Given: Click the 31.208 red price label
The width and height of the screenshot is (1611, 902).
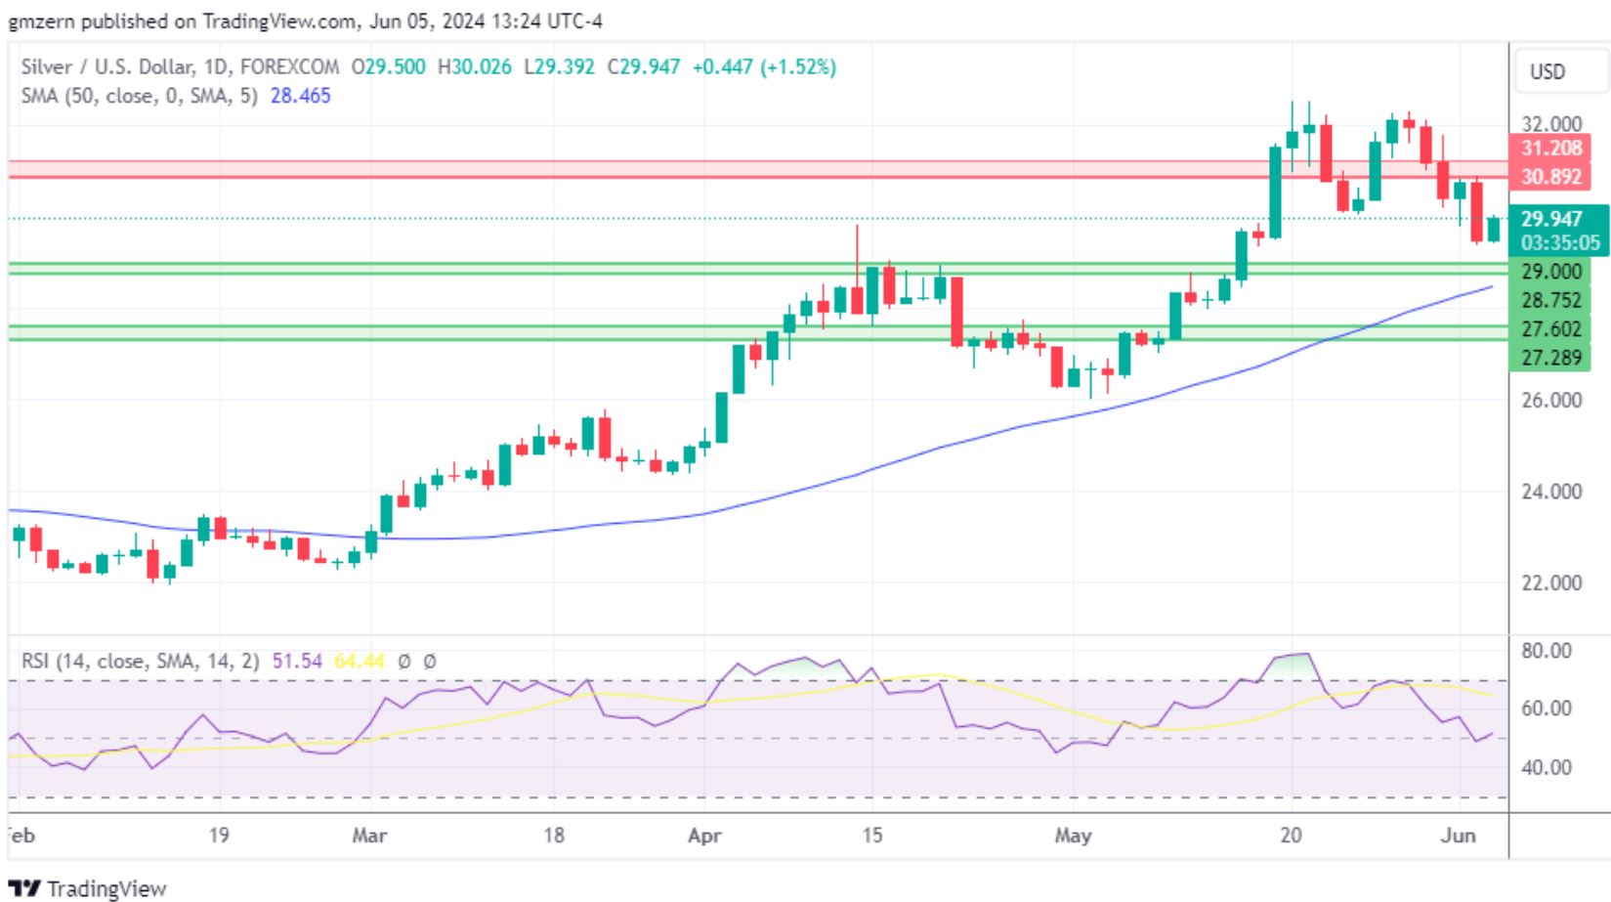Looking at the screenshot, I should pyautogui.click(x=1550, y=149).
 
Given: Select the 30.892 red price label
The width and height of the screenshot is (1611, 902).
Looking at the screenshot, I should pyautogui.click(x=1550, y=177).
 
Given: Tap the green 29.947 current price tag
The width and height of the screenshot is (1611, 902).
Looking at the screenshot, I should pyautogui.click(x=1550, y=219).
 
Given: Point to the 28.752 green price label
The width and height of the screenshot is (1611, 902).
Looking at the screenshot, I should pyautogui.click(x=1550, y=300).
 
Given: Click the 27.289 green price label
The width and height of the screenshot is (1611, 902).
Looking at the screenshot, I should pyautogui.click(x=1550, y=358).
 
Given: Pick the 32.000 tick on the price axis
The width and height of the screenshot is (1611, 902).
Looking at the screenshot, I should pyautogui.click(x=1550, y=124).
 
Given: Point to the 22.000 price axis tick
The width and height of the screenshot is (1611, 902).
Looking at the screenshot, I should pyautogui.click(x=1550, y=582).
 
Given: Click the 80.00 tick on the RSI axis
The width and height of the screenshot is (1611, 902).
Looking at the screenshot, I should pyautogui.click(x=1547, y=651).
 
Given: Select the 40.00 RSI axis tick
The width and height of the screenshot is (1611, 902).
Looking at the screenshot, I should pyautogui.click(x=1547, y=768).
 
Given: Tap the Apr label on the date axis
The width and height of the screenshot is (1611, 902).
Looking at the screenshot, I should pyautogui.click(x=704, y=836).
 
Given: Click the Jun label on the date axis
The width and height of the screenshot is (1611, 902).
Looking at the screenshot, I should pyautogui.click(x=1458, y=836).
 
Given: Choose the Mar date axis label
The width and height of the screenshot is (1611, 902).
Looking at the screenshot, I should pyautogui.click(x=368, y=836).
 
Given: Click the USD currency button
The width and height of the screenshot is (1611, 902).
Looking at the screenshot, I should pyautogui.click(x=1547, y=72).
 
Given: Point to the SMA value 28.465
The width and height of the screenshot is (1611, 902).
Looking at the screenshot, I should pyautogui.click(x=300, y=96).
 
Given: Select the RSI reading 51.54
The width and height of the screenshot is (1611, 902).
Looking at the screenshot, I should pyautogui.click(x=297, y=662).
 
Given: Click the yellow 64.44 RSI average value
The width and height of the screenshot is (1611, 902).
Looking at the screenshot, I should pyautogui.click(x=359, y=662).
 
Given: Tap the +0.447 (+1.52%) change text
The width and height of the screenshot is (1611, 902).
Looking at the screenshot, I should pyautogui.click(x=764, y=67).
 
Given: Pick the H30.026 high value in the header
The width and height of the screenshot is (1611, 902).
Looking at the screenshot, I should pyautogui.click(x=474, y=67).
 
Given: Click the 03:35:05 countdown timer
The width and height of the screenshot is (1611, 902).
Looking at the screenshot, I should pyautogui.click(x=1559, y=243).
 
